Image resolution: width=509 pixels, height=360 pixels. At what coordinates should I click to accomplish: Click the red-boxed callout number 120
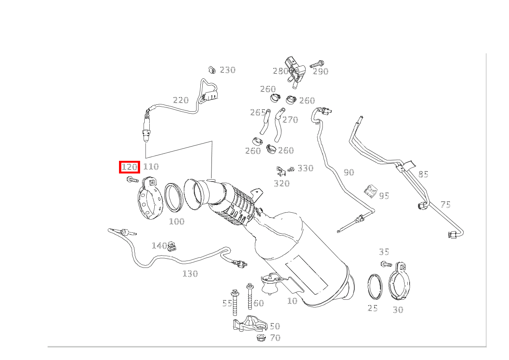coord(129,167)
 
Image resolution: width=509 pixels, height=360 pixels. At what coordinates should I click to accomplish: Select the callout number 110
coord(151,167)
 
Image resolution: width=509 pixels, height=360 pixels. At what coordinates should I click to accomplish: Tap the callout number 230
coord(227,70)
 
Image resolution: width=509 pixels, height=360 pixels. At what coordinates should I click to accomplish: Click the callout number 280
coord(280,71)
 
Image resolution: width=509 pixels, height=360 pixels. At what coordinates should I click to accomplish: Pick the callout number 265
coord(258,112)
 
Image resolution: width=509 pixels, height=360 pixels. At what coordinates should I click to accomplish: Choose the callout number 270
coord(290,120)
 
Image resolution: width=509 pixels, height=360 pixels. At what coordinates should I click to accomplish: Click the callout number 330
coord(306,168)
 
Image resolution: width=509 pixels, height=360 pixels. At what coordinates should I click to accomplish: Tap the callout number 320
coord(282,183)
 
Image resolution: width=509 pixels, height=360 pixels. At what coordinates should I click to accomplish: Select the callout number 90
coord(349,172)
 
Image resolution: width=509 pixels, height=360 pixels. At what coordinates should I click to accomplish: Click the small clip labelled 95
coord(370,191)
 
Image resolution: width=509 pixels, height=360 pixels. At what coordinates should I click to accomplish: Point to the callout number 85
coord(423,175)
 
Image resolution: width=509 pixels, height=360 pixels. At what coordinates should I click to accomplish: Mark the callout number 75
coord(445,205)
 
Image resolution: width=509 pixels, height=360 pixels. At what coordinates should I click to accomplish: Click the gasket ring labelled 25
coord(375,286)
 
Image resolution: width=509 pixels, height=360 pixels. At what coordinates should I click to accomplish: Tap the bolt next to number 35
coord(386,264)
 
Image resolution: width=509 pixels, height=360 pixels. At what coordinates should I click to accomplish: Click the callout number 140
coord(159,246)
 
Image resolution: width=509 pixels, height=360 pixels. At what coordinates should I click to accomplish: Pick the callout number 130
coord(190,274)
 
